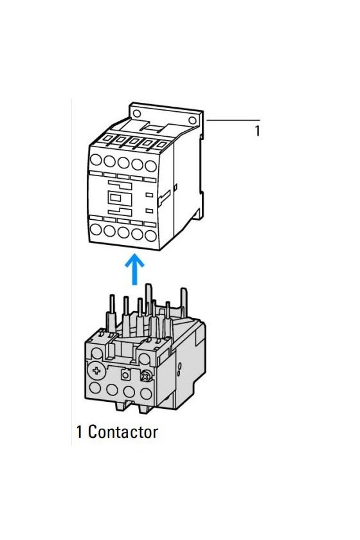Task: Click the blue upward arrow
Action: tap(134, 269)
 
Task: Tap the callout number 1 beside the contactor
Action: tap(257, 131)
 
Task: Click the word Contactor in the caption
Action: tap(123, 432)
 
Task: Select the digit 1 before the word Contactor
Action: tap(80, 432)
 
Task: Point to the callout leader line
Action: tap(233, 120)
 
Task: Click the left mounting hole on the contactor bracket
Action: tap(137, 113)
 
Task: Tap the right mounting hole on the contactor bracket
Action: tap(193, 120)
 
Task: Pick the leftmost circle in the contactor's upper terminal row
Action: tap(96, 160)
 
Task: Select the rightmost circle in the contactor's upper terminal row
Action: tap(151, 166)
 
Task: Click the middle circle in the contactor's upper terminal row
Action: tap(123, 163)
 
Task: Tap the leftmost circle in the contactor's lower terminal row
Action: tap(96, 229)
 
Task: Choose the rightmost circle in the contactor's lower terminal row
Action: tap(151, 235)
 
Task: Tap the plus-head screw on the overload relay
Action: tap(96, 370)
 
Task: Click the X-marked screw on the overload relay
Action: tap(146, 377)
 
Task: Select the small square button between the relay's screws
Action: tap(125, 375)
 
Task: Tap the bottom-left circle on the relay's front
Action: tap(95, 388)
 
